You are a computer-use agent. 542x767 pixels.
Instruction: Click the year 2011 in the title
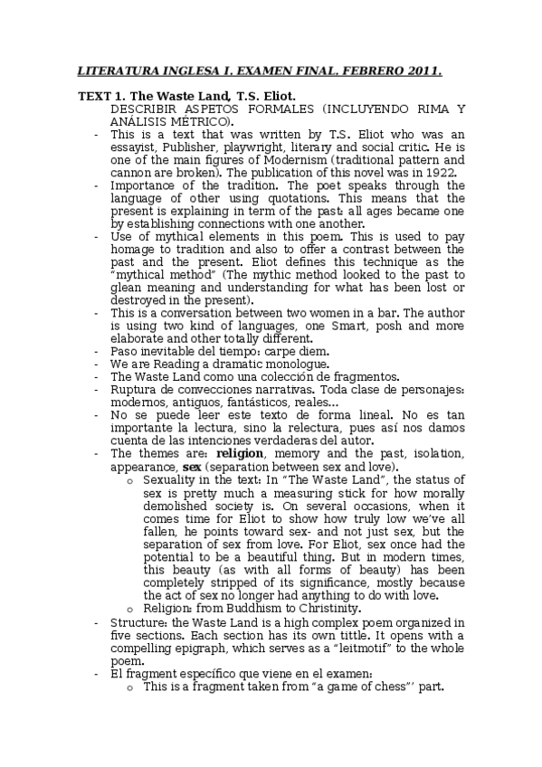pyautogui.click(x=422, y=70)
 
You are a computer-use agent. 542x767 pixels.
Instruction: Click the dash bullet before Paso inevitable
pyautogui.click(x=97, y=351)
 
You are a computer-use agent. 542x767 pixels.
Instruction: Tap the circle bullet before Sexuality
pyautogui.click(x=131, y=479)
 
